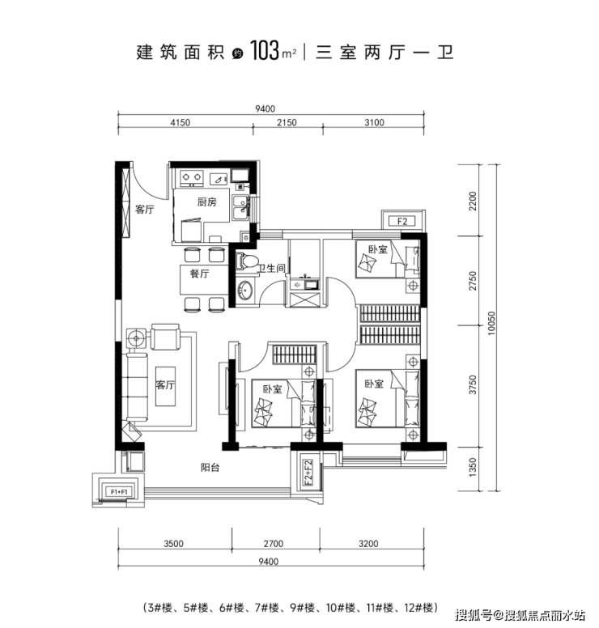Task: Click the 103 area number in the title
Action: (x=265, y=51)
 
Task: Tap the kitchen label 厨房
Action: (x=206, y=202)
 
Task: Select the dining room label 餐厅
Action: (x=199, y=274)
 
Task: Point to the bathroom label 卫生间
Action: (x=272, y=268)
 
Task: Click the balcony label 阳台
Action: (x=210, y=467)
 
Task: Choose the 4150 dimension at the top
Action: (x=181, y=122)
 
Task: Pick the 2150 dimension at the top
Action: (x=287, y=122)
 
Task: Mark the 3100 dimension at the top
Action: (x=374, y=122)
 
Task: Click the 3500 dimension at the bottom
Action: (x=173, y=544)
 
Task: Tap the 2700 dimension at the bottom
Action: (x=274, y=544)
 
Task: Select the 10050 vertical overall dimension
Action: (x=491, y=323)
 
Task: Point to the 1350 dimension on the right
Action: (x=474, y=467)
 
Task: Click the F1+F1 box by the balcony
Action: (x=119, y=492)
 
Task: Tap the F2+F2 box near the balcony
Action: (x=308, y=472)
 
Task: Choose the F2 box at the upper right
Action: (x=402, y=221)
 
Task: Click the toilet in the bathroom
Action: (x=246, y=261)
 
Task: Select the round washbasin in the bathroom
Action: (x=244, y=290)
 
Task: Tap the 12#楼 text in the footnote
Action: (x=418, y=608)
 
